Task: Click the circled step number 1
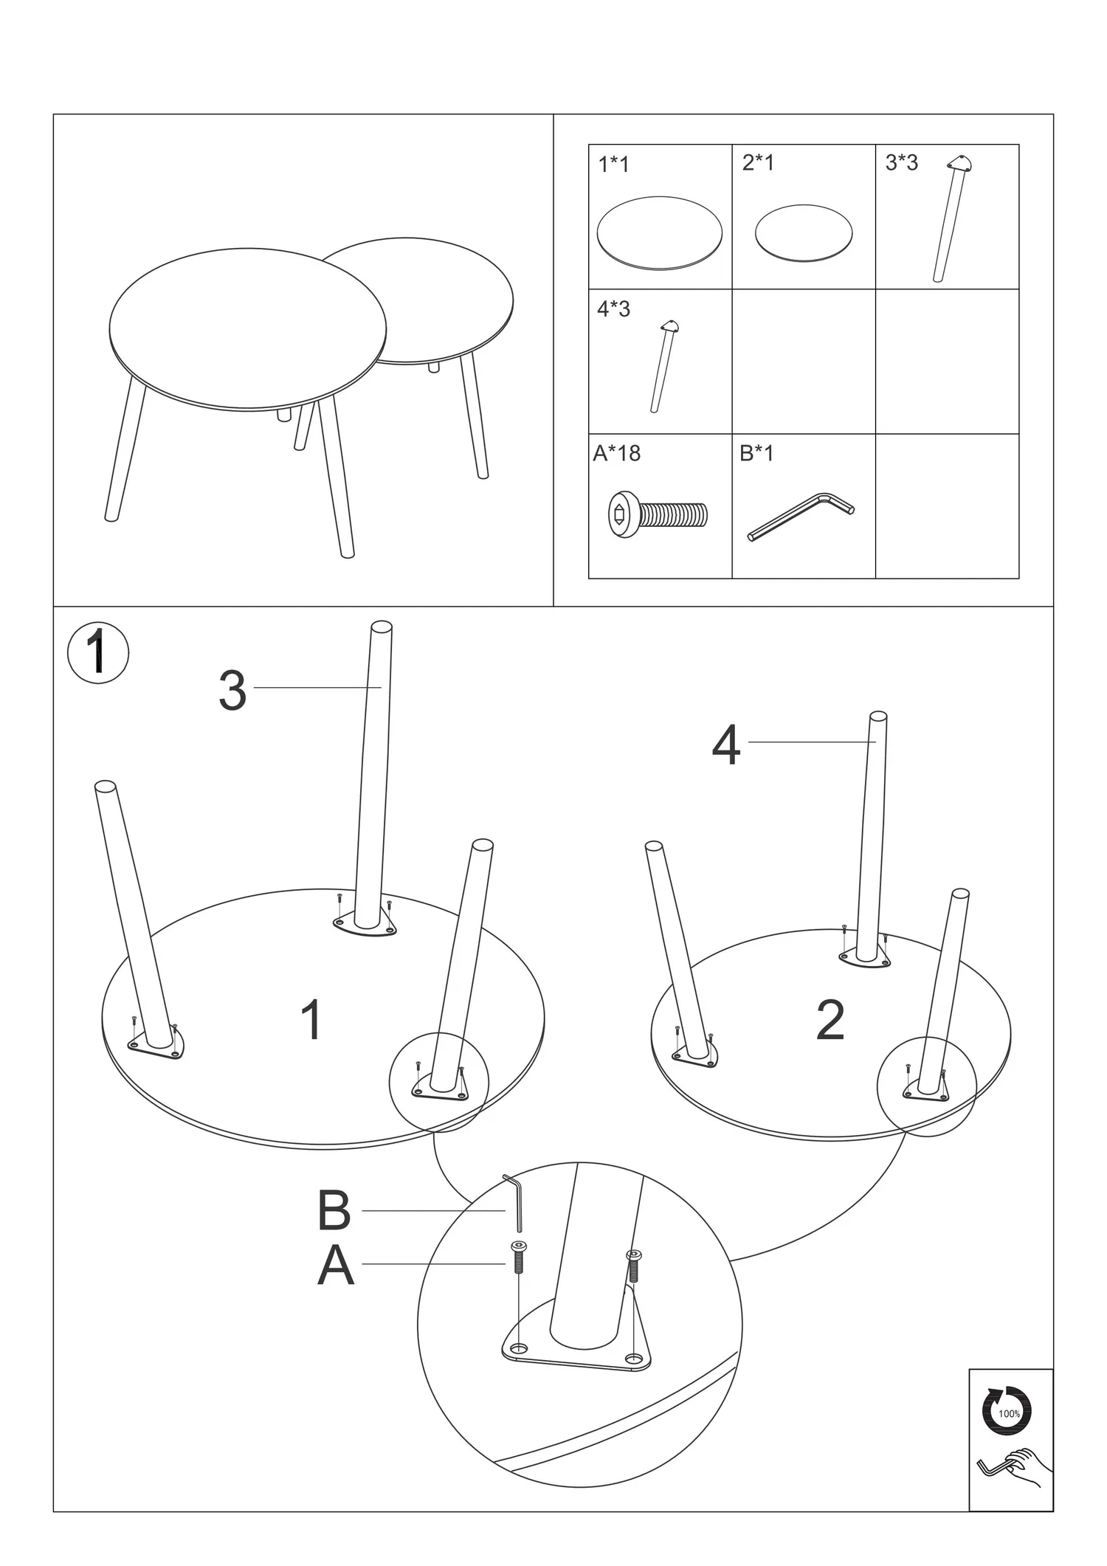click(x=98, y=653)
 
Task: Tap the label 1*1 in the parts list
click(x=613, y=164)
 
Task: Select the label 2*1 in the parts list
click(x=758, y=162)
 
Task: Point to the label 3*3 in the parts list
click(x=901, y=162)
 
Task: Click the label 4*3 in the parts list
click(x=613, y=308)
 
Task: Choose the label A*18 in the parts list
click(x=616, y=452)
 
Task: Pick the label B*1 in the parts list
click(x=756, y=452)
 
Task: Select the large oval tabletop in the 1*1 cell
click(x=659, y=233)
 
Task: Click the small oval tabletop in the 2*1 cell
click(x=803, y=233)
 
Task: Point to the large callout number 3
click(x=232, y=691)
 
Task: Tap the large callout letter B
click(x=334, y=1211)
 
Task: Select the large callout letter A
click(x=336, y=1266)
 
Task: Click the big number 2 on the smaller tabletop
click(x=830, y=1021)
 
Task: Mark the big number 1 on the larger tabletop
click(x=312, y=1020)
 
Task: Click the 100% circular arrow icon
click(x=1007, y=1413)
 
